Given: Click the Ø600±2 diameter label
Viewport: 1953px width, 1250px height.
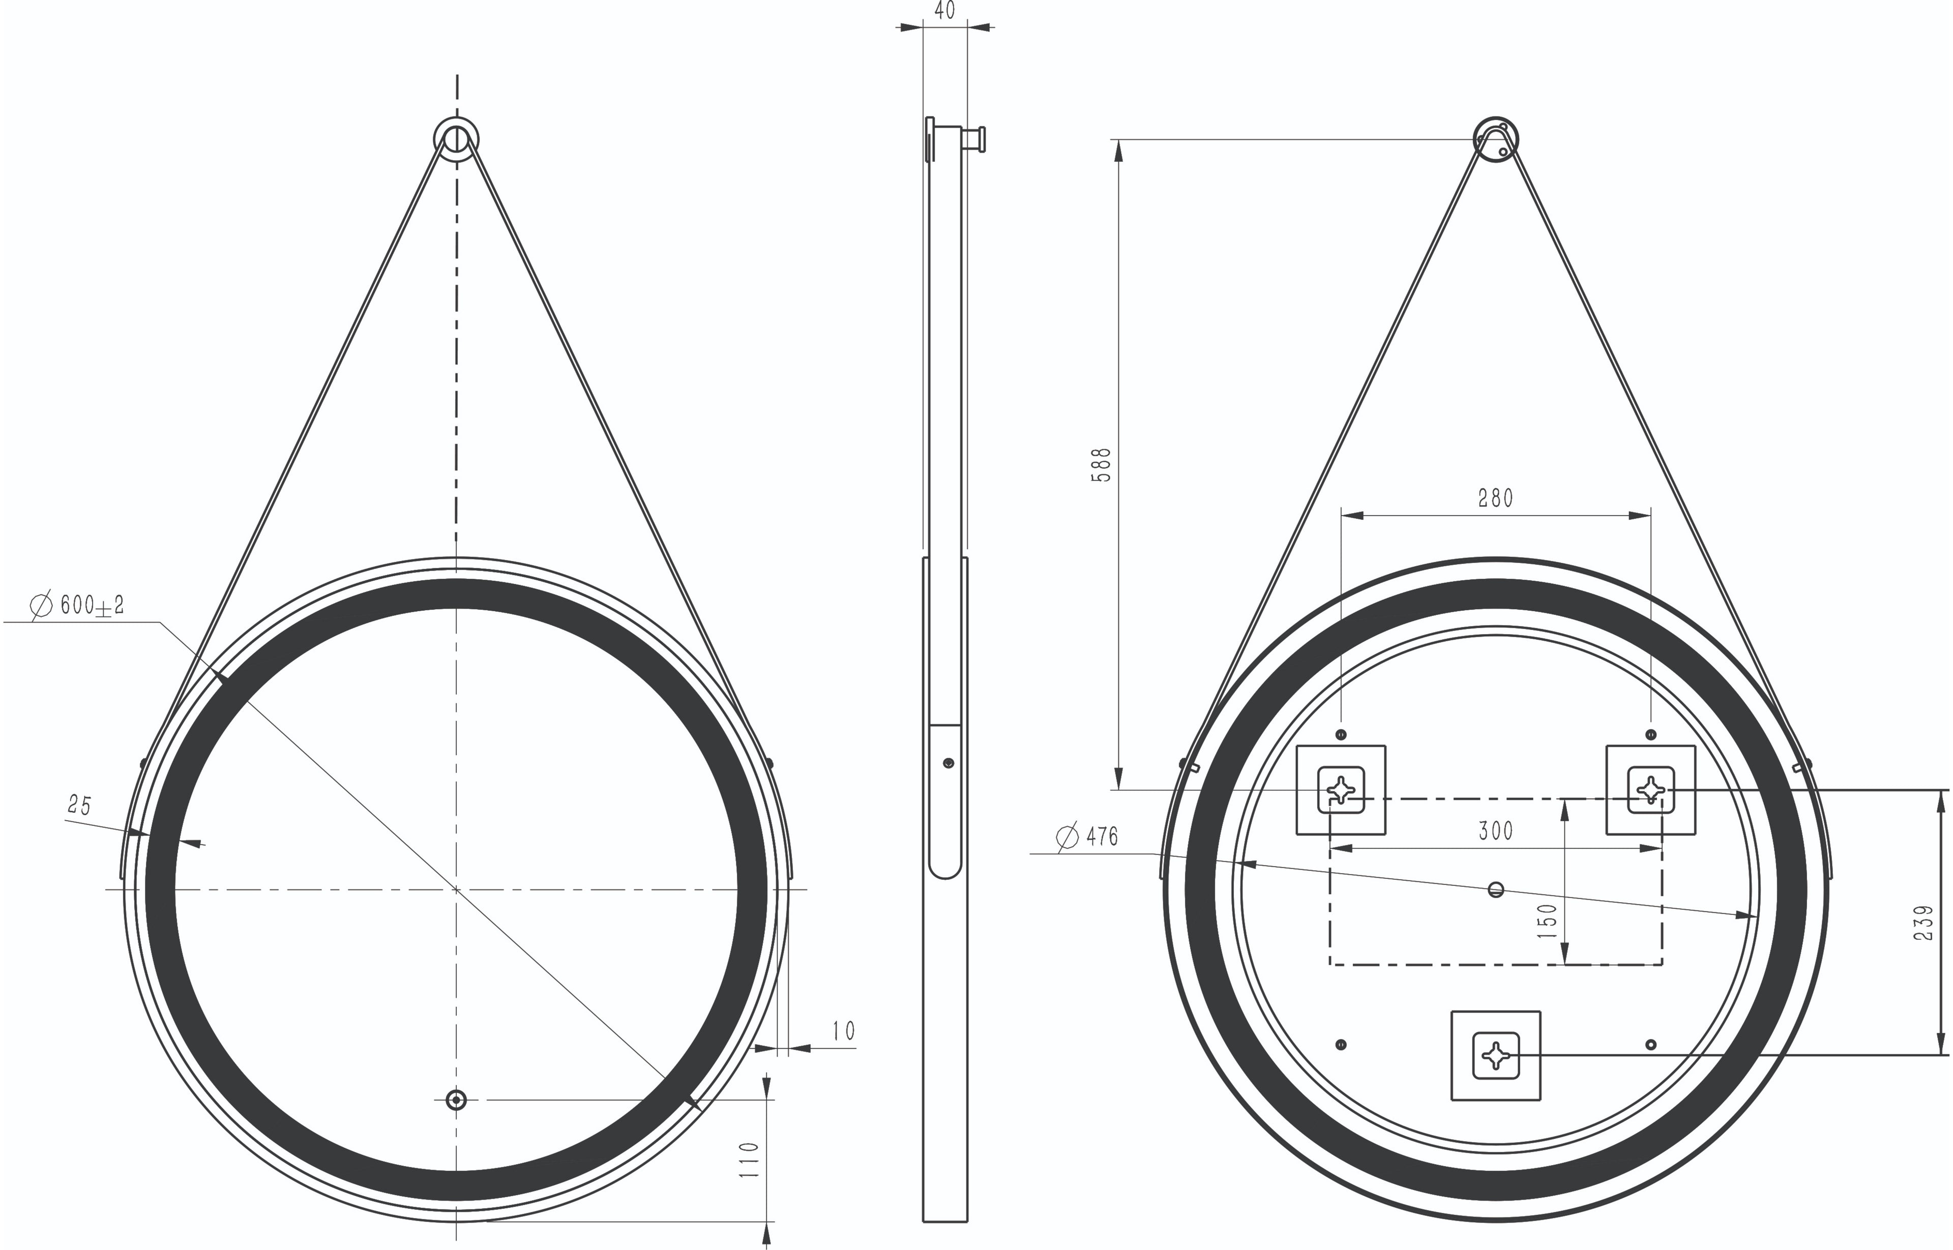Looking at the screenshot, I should tap(78, 606).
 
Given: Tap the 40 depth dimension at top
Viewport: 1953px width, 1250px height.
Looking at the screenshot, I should tap(945, 11).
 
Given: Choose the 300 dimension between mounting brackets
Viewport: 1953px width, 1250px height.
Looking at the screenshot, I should tap(1495, 831).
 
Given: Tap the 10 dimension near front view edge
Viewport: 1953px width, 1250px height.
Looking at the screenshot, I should tap(843, 1031).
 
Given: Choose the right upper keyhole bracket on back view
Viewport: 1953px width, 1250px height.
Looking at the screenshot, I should tap(1650, 789).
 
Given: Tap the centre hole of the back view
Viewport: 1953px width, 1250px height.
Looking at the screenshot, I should tap(1495, 889).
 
